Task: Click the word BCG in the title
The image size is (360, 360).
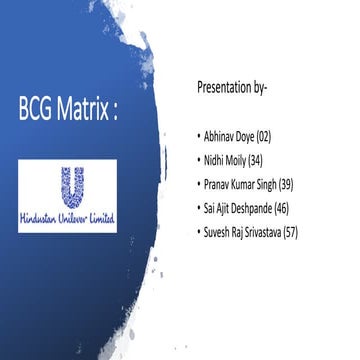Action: tap(39, 109)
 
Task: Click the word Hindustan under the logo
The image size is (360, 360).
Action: tap(41, 216)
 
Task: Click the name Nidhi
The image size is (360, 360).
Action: tap(214, 159)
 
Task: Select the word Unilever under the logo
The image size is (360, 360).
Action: tap(74, 216)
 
